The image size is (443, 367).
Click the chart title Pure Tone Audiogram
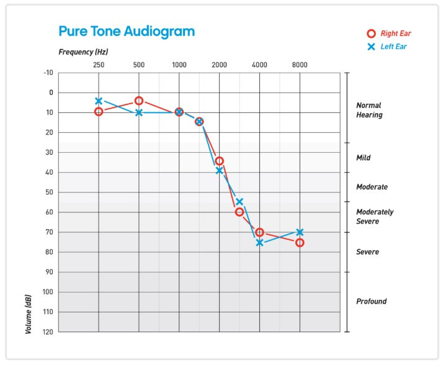(126, 31)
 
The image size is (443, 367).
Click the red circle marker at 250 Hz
(99, 111)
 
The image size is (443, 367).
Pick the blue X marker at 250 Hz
(99, 101)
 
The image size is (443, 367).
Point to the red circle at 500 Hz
(139, 101)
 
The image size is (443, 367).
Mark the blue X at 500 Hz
(139, 112)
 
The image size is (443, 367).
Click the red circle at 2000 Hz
(219, 161)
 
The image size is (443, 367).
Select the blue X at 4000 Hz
(259, 242)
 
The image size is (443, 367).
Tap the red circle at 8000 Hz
(300, 242)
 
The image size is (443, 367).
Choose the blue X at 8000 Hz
(300, 232)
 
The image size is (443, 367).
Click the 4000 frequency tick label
(259, 65)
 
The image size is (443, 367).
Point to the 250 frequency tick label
(99, 65)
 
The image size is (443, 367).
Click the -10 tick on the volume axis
(48, 73)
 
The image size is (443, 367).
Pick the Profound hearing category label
(371, 302)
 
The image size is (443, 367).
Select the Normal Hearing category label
(369, 110)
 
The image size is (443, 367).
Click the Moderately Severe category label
(375, 217)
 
